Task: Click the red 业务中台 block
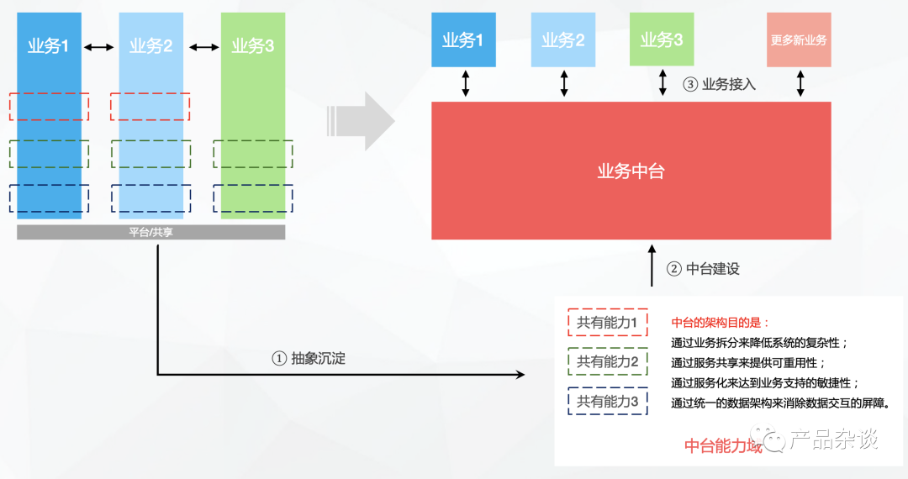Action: [x=631, y=171]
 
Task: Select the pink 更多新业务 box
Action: [x=799, y=39]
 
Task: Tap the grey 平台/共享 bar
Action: [x=150, y=232]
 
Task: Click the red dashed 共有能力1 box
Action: [x=608, y=322]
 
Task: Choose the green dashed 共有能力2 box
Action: [x=608, y=362]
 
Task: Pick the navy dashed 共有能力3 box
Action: [x=608, y=402]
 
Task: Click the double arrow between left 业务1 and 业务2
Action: [x=99, y=47]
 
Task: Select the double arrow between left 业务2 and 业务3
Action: [x=204, y=47]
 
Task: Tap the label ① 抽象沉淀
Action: [x=309, y=358]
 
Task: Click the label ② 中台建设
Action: [x=703, y=269]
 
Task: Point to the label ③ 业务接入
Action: [x=719, y=84]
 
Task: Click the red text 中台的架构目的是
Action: [x=720, y=323]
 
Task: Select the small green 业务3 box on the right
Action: [x=662, y=39]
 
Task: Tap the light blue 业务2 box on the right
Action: [x=562, y=39]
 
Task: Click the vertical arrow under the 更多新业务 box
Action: [x=800, y=83]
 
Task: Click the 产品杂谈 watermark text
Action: [x=833, y=439]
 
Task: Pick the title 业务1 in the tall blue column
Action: [x=49, y=46]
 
